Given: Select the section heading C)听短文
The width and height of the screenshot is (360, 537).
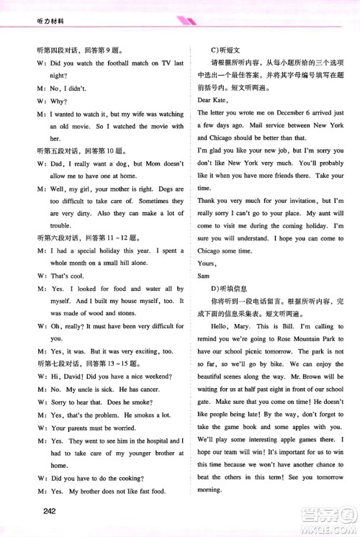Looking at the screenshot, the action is pyautogui.click(x=224, y=49).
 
